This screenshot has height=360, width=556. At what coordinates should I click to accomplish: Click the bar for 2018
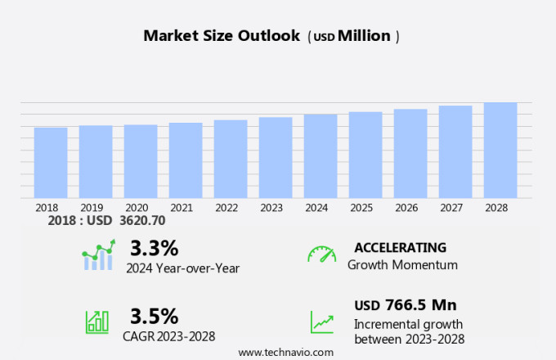(51, 162)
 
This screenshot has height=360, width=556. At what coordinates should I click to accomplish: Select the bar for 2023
(276, 157)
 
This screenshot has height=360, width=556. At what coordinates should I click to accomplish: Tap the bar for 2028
(500, 150)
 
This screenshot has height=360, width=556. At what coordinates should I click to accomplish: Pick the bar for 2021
(186, 160)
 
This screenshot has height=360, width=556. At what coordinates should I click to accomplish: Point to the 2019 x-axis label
(92, 208)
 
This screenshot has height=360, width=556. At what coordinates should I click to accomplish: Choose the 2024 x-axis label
(316, 208)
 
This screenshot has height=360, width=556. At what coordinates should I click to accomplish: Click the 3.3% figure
(154, 247)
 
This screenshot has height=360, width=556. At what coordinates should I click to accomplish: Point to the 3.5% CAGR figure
(154, 315)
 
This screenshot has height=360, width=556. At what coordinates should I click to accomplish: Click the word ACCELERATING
(401, 247)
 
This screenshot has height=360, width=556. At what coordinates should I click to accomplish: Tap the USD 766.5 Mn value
(405, 305)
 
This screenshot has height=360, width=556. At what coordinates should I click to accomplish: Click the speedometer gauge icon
(321, 254)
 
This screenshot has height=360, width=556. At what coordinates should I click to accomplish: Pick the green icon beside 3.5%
(96, 322)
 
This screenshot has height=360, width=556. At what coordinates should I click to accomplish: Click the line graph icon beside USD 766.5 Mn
(321, 322)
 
